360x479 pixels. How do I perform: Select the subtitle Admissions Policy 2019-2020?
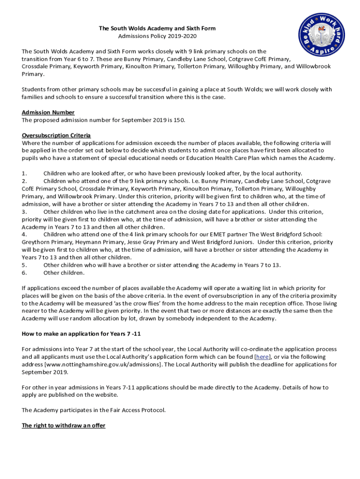tap(157, 36)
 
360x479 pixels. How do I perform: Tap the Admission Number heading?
tap(48, 112)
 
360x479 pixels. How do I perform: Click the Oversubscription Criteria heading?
tap(56, 135)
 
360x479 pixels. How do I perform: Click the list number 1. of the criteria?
tap(25, 173)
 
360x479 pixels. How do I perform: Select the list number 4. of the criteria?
tap(25, 234)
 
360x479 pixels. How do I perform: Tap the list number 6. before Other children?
tap(25, 273)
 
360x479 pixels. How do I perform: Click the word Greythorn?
tap(36, 242)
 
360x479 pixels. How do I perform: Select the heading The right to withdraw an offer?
tap(64, 425)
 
